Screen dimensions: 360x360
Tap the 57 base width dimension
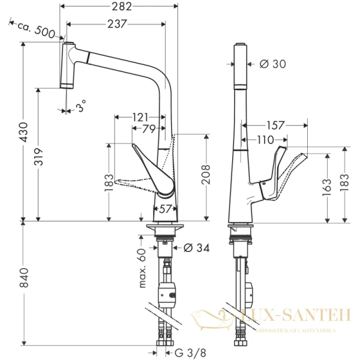point(166,208)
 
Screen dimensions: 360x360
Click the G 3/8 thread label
point(191,353)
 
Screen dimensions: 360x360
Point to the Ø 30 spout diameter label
point(274,64)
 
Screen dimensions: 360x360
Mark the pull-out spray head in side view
point(68,64)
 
